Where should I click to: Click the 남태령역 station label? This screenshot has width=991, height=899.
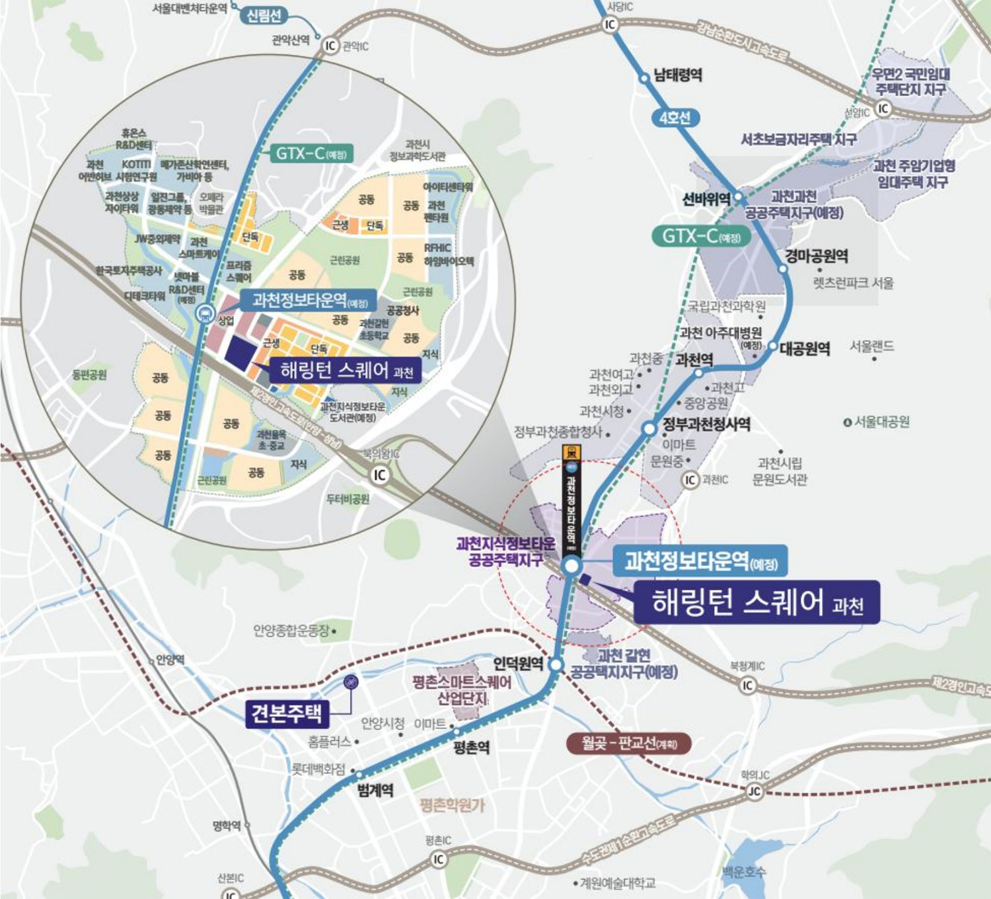pyautogui.click(x=677, y=75)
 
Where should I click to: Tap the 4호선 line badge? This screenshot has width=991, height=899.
pyautogui.click(x=675, y=118)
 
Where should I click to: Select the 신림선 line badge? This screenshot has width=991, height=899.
pyautogui.click(x=264, y=16)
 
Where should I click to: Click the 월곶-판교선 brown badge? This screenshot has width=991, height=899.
pyautogui.click(x=628, y=744)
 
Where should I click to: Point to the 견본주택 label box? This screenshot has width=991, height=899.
pyautogui.click(x=287, y=713)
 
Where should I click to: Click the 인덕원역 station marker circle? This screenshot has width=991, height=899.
pyautogui.click(x=556, y=665)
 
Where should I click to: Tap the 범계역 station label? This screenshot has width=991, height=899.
pyautogui.click(x=375, y=790)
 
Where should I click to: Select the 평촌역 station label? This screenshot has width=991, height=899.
pyautogui.click(x=472, y=748)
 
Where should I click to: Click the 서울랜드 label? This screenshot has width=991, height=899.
pyautogui.click(x=871, y=346)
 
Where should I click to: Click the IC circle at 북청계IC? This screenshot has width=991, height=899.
pyautogui.click(x=747, y=685)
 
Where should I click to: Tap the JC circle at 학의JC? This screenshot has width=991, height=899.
pyautogui.click(x=754, y=791)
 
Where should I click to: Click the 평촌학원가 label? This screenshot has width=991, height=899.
pyautogui.click(x=452, y=805)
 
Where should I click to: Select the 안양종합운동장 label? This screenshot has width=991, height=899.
pyautogui.click(x=291, y=631)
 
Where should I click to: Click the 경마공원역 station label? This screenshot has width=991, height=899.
pyautogui.click(x=817, y=256)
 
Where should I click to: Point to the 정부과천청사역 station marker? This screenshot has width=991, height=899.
pyautogui.click(x=649, y=429)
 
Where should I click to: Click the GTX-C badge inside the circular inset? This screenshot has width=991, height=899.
pyautogui.click(x=311, y=153)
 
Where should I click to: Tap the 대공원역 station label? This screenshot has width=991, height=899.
pyautogui.click(x=804, y=348)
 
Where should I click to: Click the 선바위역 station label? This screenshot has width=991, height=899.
pyautogui.click(x=706, y=199)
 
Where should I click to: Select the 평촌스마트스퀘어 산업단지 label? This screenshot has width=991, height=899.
pyautogui.click(x=462, y=690)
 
